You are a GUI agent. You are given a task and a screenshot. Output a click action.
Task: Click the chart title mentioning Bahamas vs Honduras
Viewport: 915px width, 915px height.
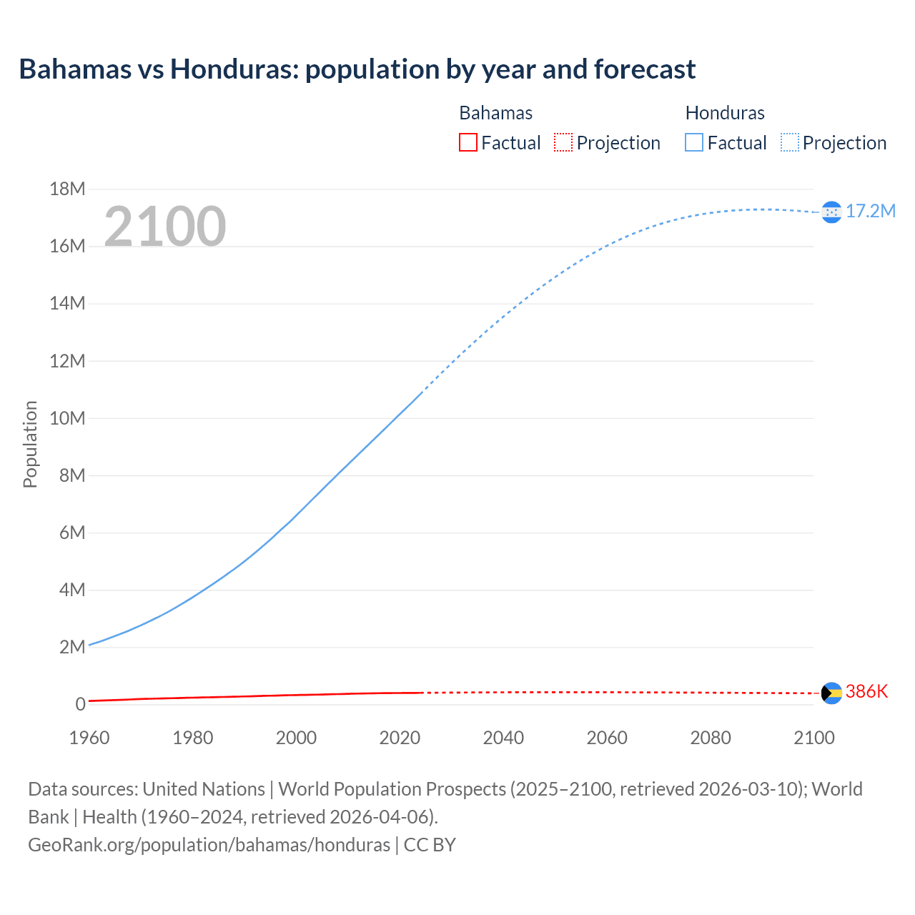357,69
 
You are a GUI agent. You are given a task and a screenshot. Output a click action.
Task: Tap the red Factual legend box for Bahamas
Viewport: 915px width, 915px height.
468,142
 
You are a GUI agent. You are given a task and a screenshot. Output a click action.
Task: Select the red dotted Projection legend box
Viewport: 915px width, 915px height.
563,142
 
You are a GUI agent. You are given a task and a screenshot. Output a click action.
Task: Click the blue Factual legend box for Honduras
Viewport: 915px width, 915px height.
693,142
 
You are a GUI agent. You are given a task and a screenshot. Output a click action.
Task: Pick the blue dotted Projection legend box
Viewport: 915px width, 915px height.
789,142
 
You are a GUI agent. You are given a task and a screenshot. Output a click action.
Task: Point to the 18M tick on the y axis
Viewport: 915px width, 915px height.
67,189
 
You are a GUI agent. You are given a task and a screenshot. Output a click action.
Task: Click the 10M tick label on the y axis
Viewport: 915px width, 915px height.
67,418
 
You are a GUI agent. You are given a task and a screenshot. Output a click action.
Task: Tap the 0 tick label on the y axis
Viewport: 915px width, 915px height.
80,704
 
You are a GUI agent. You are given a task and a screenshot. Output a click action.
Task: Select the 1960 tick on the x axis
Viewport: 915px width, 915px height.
89,738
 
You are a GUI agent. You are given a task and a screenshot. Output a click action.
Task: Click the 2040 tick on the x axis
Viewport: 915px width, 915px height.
503,738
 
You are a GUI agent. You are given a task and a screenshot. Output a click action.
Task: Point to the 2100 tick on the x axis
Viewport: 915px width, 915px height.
813,738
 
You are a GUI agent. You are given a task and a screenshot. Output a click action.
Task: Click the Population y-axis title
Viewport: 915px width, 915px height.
30,444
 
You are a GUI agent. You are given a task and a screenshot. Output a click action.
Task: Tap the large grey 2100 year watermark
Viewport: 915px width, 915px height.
165,227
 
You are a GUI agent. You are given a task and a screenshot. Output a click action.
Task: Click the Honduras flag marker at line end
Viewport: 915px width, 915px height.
831,212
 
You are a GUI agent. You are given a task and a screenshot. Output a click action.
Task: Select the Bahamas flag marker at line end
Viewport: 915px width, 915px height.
831,693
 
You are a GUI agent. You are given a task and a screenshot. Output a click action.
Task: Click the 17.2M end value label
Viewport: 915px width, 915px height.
870,211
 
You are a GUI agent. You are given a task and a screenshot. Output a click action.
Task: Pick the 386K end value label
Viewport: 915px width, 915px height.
866,691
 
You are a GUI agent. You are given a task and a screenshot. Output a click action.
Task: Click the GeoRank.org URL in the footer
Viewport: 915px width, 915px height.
209,844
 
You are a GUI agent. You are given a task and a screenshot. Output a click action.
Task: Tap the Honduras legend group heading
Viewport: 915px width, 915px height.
724,113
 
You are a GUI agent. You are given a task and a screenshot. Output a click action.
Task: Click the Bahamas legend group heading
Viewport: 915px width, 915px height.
495,113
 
